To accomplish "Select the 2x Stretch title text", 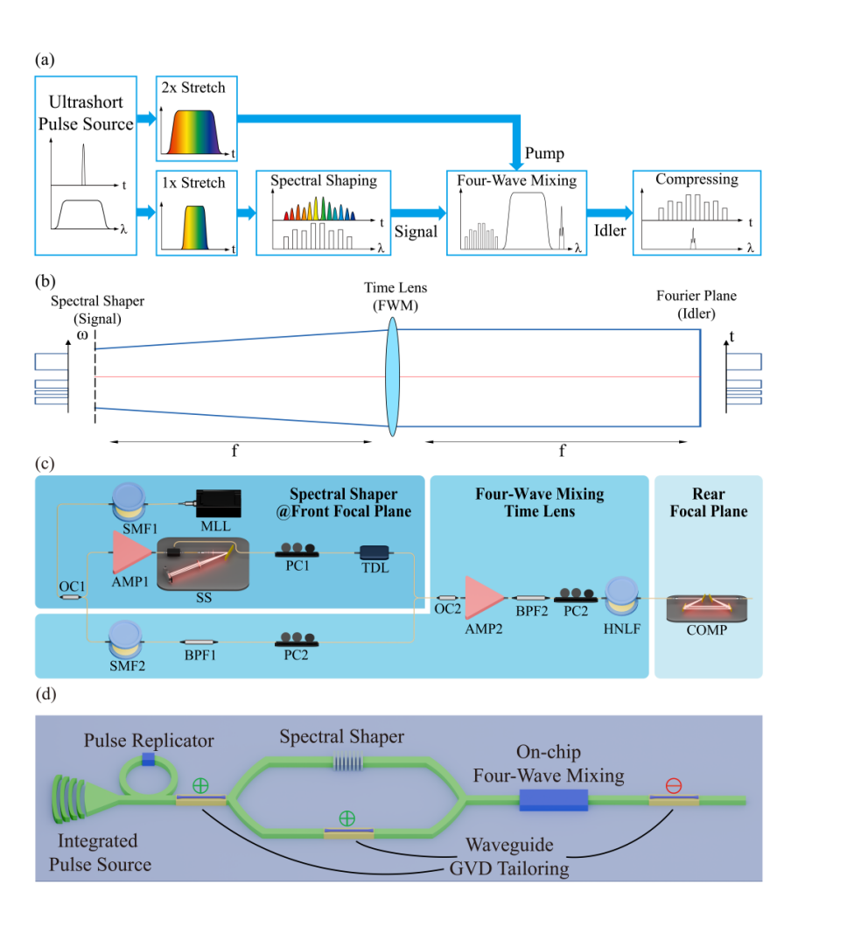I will (x=194, y=89).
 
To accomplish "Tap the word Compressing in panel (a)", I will (x=696, y=179).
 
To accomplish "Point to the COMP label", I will (x=707, y=629).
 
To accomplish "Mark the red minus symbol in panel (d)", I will (x=673, y=785).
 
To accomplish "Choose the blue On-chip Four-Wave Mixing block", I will (x=554, y=798).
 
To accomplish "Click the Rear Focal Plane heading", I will (x=708, y=502).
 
